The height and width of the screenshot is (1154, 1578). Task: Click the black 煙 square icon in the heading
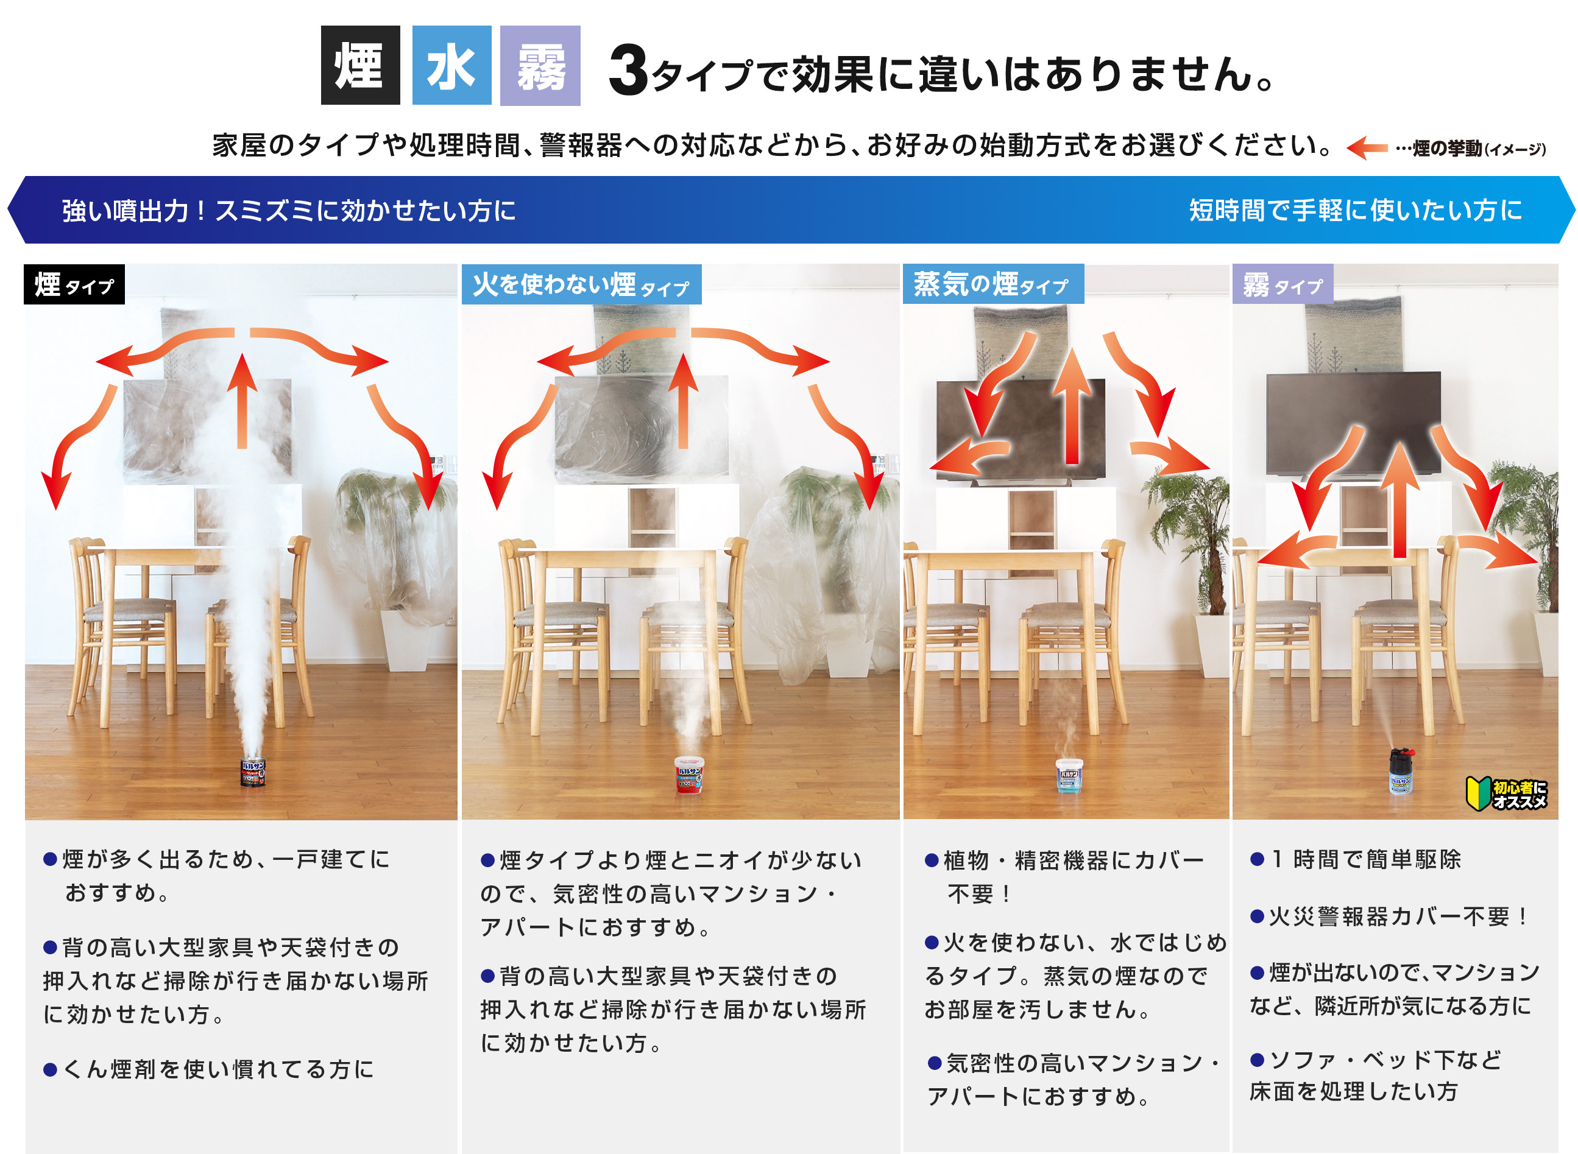(x=360, y=65)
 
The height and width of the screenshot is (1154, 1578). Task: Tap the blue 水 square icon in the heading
(x=451, y=65)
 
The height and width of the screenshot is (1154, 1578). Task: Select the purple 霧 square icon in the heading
(x=540, y=66)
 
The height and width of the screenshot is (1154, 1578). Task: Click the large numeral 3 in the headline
(x=628, y=70)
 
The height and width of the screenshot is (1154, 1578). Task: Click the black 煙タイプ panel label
(x=74, y=284)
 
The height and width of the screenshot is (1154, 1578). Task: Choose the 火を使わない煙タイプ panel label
(x=581, y=284)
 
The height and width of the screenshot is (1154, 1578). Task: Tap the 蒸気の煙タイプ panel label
(x=993, y=284)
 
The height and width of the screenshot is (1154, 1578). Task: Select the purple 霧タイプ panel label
(x=1283, y=284)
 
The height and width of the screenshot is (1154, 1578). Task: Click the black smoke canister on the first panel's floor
(x=253, y=772)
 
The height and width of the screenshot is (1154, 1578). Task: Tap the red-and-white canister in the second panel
(x=689, y=775)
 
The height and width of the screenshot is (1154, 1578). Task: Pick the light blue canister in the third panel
(x=1069, y=775)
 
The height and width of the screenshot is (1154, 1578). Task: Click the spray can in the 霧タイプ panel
(x=1401, y=771)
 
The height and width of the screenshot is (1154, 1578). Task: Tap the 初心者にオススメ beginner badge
(x=1506, y=793)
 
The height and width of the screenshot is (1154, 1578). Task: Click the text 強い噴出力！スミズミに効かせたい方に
(x=289, y=210)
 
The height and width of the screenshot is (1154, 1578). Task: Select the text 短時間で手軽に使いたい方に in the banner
(x=1355, y=209)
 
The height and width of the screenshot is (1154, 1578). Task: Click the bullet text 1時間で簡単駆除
(x=1356, y=859)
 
